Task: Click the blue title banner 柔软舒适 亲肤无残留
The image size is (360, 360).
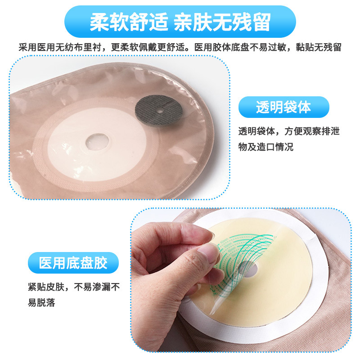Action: click(180, 22)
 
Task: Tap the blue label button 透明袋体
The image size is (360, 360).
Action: click(283, 107)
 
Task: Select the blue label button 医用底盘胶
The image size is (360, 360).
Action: click(73, 263)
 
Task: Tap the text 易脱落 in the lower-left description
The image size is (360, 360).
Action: click(41, 302)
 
